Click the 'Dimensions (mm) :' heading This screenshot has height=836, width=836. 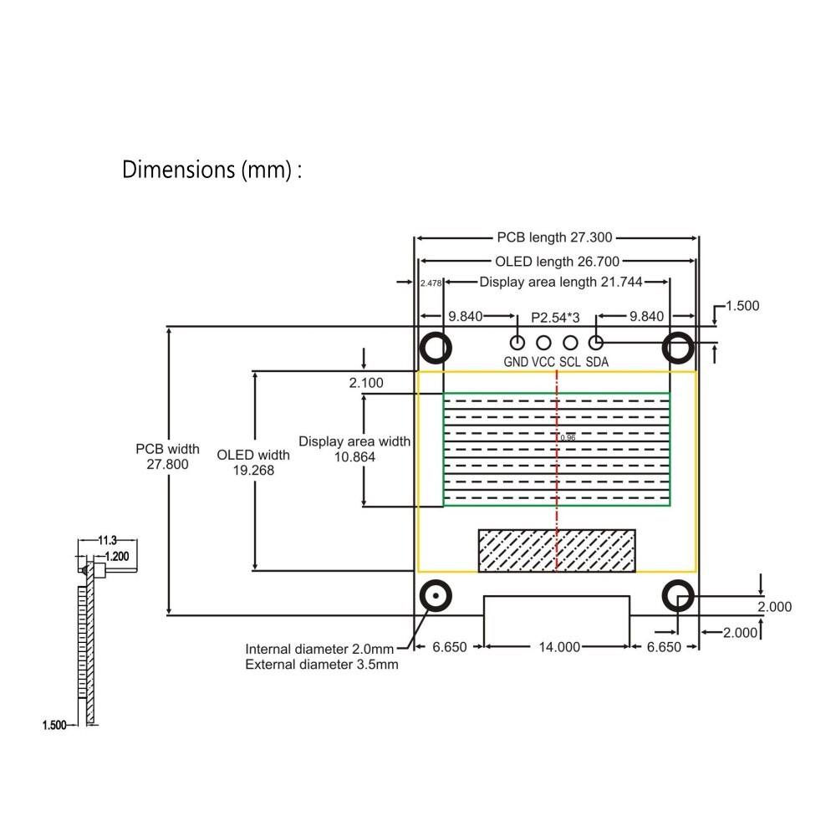(212, 170)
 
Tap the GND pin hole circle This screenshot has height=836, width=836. (517, 342)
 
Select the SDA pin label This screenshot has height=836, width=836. (597, 362)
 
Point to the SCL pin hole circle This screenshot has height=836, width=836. (570, 342)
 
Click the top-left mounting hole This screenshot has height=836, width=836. (435, 346)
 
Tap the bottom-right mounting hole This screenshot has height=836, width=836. (678, 596)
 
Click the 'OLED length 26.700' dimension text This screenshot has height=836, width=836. (557, 262)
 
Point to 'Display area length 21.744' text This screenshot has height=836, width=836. (560, 283)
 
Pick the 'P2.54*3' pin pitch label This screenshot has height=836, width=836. (555, 317)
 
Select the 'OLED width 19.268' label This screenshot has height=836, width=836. (253, 462)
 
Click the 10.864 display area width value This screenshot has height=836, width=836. (354, 457)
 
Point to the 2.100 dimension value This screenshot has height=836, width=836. (366, 383)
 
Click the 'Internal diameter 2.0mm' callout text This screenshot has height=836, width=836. (319, 650)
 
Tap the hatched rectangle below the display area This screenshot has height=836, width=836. (556, 550)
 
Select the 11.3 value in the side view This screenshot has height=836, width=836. (107, 541)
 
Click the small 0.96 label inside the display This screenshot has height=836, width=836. (568, 437)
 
